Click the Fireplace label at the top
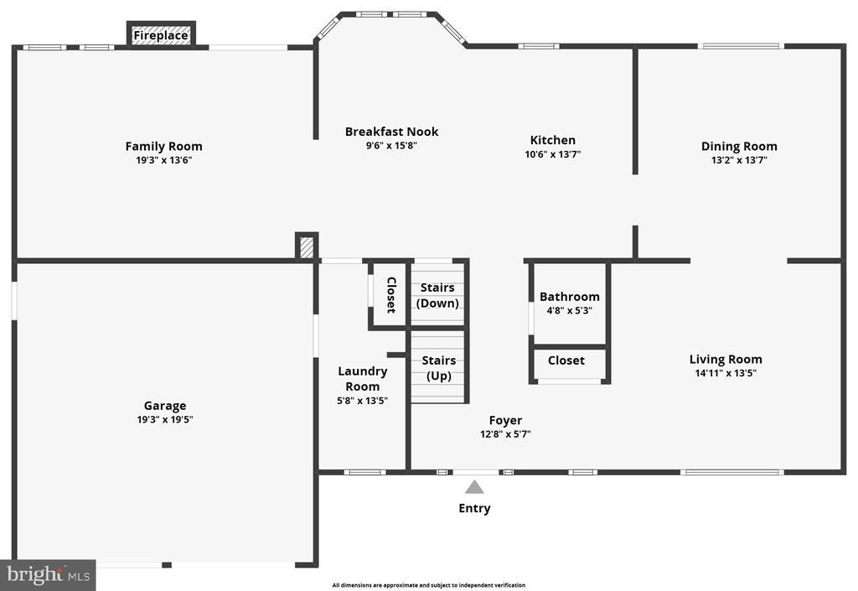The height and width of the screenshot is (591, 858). pyautogui.click(x=161, y=35)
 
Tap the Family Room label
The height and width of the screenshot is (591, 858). pyautogui.click(x=163, y=146)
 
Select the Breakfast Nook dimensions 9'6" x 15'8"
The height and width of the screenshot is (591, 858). pyautogui.click(x=392, y=146)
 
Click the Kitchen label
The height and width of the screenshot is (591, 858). pyautogui.click(x=553, y=139)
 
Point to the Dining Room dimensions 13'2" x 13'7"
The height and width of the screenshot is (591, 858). pyautogui.click(x=739, y=160)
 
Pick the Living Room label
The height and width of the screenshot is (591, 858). pyautogui.click(x=726, y=360)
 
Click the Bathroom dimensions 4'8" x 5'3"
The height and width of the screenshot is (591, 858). pyautogui.click(x=569, y=311)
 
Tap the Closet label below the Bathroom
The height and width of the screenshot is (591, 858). pyautogui.click(x=566, y=360)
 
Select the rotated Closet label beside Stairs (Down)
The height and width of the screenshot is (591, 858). pyautogui.click(x=391, y=295)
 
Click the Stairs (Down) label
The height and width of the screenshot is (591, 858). pyautogui.click(x=437, y=295)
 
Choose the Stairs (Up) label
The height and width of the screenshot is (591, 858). pyautogui.click(x=439, y=368)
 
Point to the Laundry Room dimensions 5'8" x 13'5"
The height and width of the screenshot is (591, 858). pyautogui.click(x=362, y=401)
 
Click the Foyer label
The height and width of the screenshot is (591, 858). pyautogui.click(x=505, y=420)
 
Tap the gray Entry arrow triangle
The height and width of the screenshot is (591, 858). pyautogui.click(x=474, y=487)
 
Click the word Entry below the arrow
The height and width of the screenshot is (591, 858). pyautogui.click(x=474, y=508)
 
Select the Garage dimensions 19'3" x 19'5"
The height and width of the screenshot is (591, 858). pyautogui.click(x=165, y=420)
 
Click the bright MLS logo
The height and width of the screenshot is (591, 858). pyautogui.click(x=48, y=575)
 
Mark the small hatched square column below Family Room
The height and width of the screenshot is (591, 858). pyautogui.click(x=307, y=246)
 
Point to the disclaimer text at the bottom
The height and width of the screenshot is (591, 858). pyautogui.click(x=429, y=585)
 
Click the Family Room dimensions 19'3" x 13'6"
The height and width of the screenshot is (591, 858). pyautogui.click(x=163, y=160)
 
